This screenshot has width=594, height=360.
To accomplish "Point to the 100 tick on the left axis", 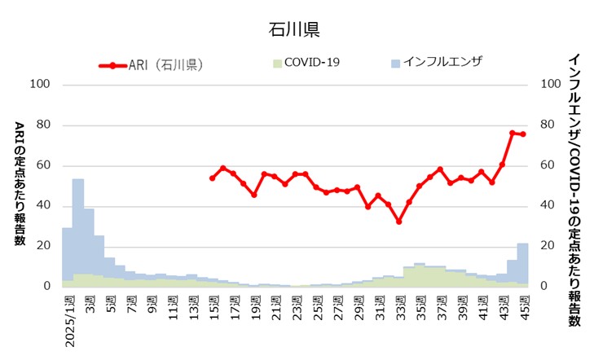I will click(x=40, y=85).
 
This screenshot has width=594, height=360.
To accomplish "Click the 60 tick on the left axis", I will click(x=43, y=165).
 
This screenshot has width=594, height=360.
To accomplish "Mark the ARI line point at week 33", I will click(x=398, y=222).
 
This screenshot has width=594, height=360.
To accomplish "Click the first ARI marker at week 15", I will click(x=212, y=178).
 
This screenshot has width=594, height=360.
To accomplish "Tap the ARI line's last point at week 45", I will click(x=523, y=134).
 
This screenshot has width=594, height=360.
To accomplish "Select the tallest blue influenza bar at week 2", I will click(x=78, y=228).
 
